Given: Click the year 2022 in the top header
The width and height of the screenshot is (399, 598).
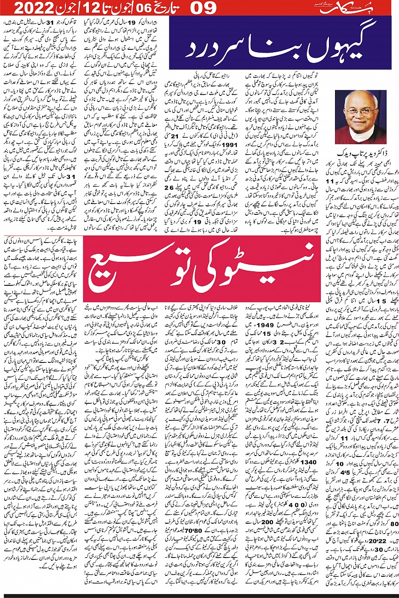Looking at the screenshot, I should (x=32, y=8).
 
